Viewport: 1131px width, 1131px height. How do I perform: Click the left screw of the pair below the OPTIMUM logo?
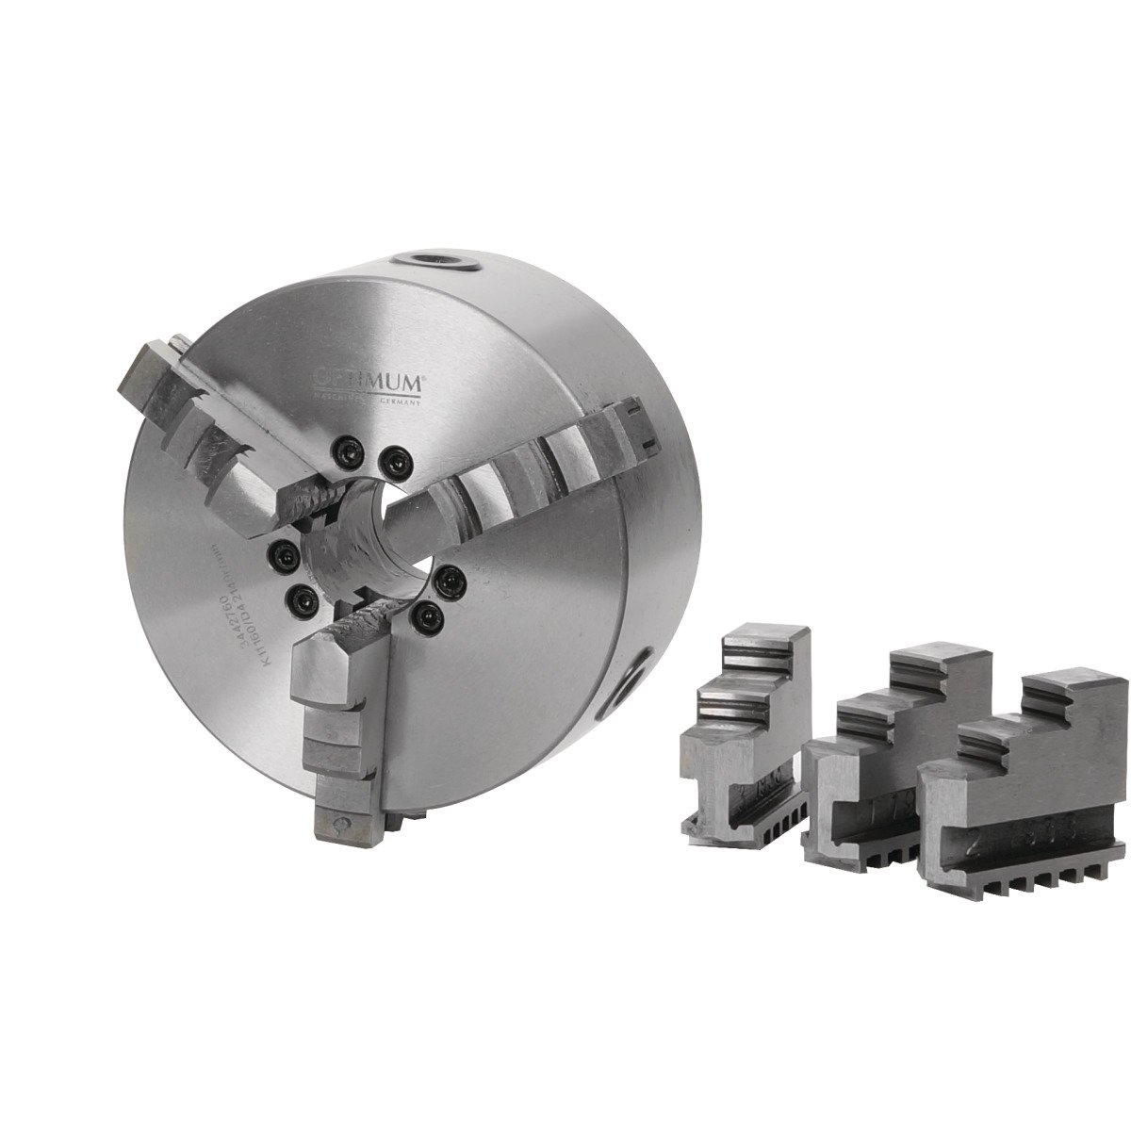point(344,452)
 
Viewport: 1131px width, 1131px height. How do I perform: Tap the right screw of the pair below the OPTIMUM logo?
point(393,460)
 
